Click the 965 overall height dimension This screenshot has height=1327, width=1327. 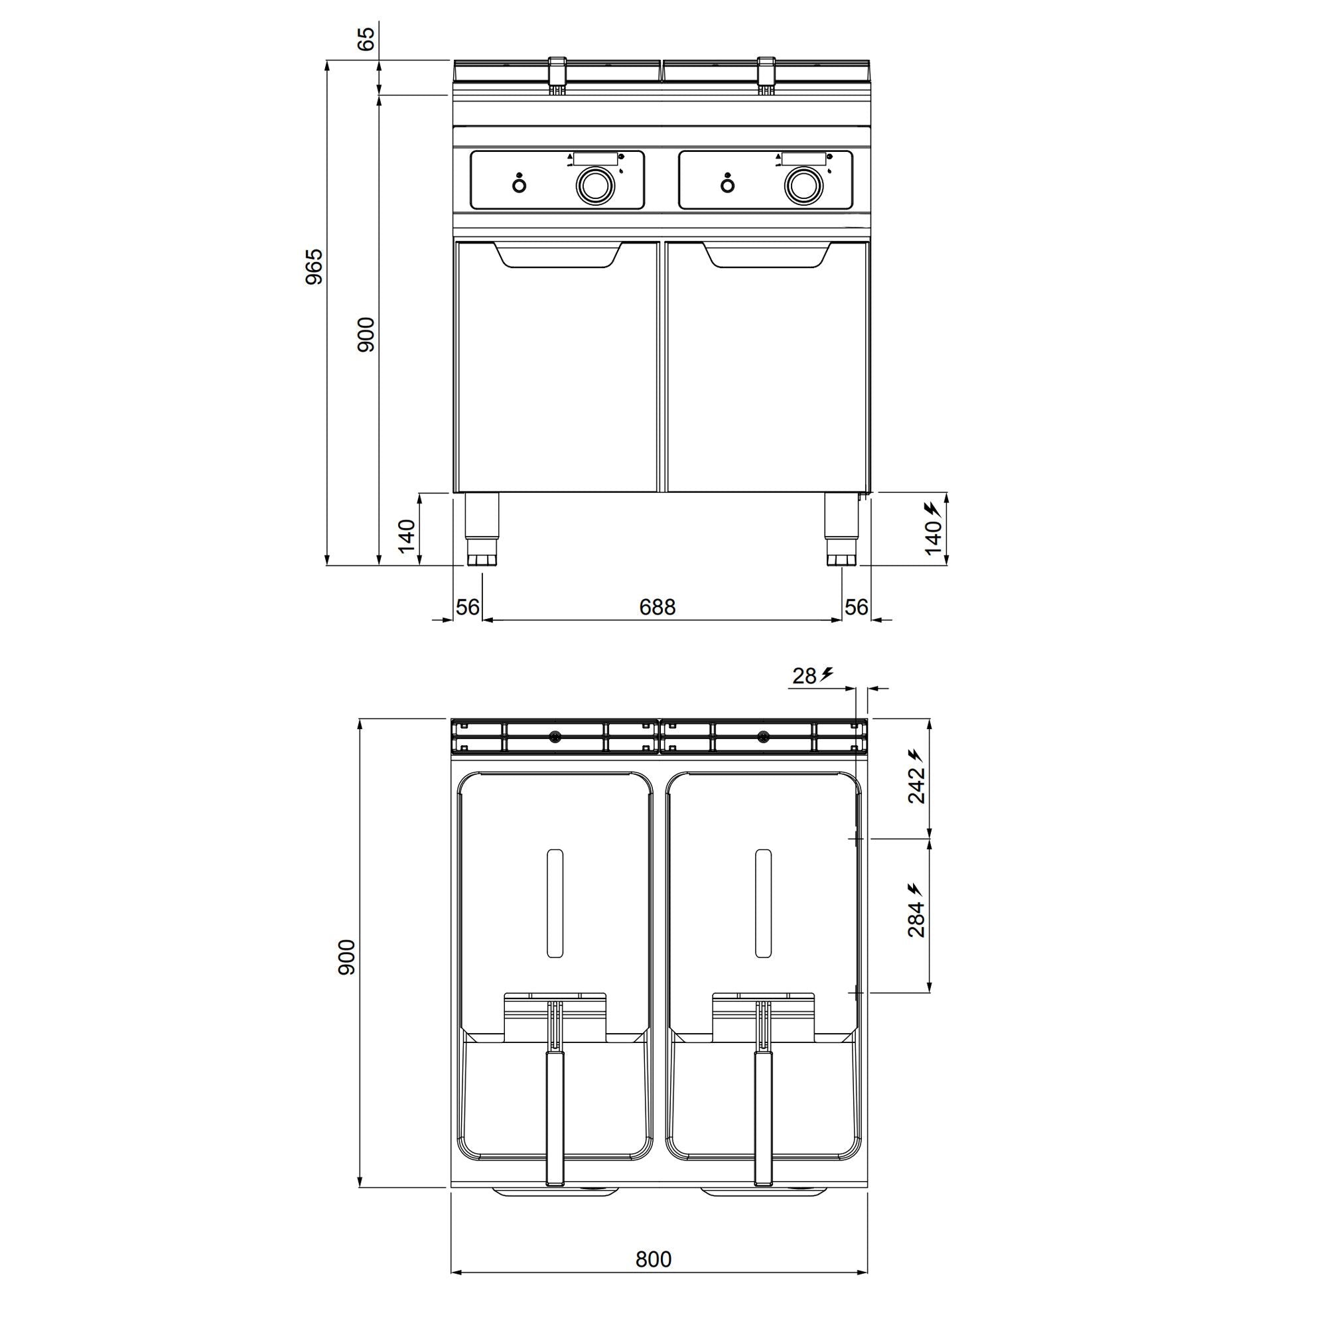(314, 267)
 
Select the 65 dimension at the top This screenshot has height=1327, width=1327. (367, 38)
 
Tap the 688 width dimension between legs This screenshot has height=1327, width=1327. (658, 607)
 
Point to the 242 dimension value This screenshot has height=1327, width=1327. (916, 785)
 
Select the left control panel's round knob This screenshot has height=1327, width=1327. (591, 184)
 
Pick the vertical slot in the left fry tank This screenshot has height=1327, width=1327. (555, 904)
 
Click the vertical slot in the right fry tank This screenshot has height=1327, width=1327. (763, 904)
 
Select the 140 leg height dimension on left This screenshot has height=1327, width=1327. (407, 535)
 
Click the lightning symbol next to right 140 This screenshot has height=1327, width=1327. (932, 509)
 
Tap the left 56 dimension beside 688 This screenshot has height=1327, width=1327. (468, 607)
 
